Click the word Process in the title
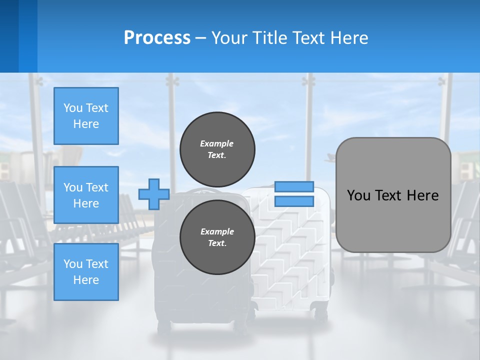pos(157,38)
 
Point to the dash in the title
pos(200,38)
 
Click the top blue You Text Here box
pos(86,116)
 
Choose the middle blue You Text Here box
pos(86,195)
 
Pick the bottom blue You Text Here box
pos(86,272)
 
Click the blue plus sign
pos(154,194)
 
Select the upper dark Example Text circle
pos(217,149)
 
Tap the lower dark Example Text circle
pos(217,237)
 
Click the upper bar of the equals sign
pos(294,186)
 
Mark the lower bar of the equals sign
pos(294,201)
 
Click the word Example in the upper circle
pos(217,143)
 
